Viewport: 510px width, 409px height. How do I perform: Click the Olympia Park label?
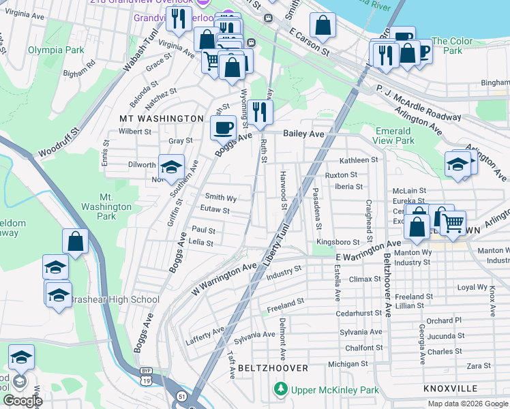[56, 50]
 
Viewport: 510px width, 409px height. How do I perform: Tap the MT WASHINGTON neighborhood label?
[162, 119]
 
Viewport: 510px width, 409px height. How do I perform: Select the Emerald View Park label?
[395, 136]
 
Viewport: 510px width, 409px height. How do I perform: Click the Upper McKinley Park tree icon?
[280, 390]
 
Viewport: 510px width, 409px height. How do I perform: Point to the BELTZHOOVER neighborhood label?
[273, 367]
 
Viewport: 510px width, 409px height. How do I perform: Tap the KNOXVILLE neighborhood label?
[450, 388]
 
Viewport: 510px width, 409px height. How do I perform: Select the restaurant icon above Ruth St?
[259, 111]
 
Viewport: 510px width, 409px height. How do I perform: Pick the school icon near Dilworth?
[171, 166]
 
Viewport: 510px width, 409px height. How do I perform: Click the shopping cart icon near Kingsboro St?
[452, 222]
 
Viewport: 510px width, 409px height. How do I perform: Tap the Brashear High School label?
[115, 299]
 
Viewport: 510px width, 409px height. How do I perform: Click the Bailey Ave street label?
[303, 134]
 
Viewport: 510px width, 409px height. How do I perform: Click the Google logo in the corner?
[22, 401]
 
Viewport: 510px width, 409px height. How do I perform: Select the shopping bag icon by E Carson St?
[323, 26]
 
